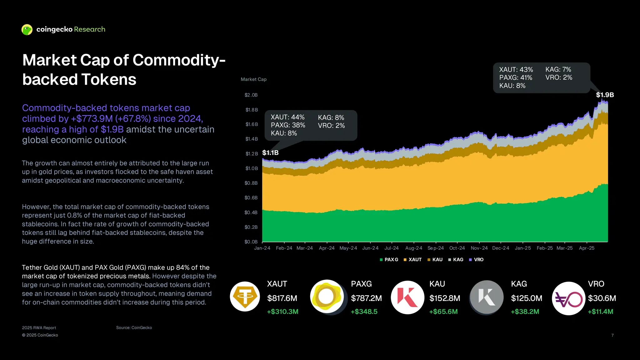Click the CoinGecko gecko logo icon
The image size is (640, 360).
(x=27, y=30)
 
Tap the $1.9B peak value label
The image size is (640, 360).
(x=605, y=95)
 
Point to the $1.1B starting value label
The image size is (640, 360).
(x=270, y=153)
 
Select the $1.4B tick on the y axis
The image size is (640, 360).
(x=252, y=139)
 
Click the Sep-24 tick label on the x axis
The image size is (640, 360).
(x=436, y=248)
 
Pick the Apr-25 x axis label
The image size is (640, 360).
(x=587, y=248)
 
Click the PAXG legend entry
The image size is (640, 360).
(x=389, y=260)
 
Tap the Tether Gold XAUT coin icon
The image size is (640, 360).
(x=245, y=297)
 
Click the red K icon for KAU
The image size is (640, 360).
(x=407, y=297)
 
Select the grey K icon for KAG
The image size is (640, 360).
(x=487, y=297)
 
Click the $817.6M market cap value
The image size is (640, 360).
(x=282, y=298)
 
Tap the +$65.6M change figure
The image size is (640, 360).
(x=443, y=312)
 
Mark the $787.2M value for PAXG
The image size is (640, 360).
(x=366, y=298)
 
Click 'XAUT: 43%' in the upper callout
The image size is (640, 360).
(x=516, y=70)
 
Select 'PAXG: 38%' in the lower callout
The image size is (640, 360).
(x=288, y=125)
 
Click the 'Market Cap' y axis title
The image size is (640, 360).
(x=253, y=79)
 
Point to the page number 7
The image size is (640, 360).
(x=612, y=335)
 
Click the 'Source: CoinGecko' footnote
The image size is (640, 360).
(x=134, y=327)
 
